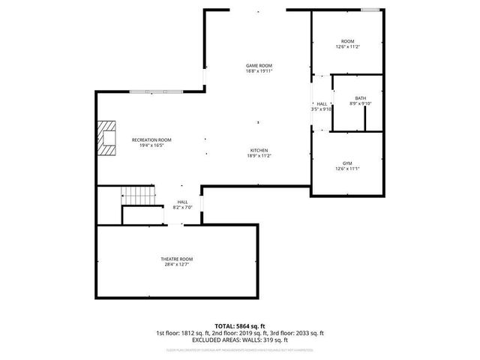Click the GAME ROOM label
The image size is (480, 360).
pos(259,65)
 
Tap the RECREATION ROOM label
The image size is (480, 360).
pos(151,139)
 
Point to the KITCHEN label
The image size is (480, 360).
pos(259,150)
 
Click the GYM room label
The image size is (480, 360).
pos(347,163)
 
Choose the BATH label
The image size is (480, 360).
pos(361,98)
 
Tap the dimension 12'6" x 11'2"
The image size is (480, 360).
pos(348,46)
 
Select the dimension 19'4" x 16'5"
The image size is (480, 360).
pos(151,145)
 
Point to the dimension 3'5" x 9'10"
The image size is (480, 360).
pos(322,109)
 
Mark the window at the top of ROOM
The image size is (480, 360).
pos(369,10)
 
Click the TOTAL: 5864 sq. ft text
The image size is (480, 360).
pos(240,326)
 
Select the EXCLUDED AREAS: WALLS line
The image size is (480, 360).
pos(240,339)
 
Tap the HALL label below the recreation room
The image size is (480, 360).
pos(182,202)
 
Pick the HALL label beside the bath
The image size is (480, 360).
pos(322,103)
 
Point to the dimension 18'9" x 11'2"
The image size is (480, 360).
pos(259,156)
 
